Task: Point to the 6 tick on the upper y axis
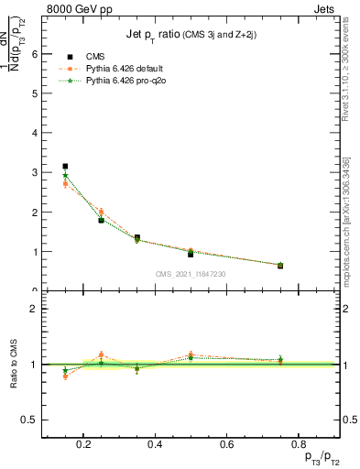click(x=34, y=53)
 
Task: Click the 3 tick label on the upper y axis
click(x=34, y=172)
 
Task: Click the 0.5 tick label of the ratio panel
click(x=30, y=420)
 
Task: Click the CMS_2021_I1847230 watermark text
click(x=191, y=273)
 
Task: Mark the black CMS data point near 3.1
click(x=65, y=166)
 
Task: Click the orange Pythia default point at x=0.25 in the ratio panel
click(x=101, y=354)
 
